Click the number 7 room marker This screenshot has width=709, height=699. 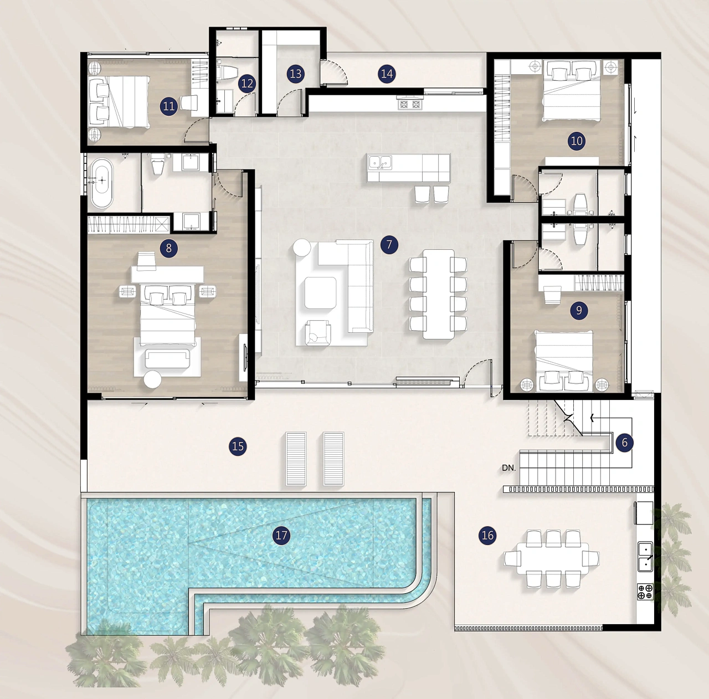(389, 245)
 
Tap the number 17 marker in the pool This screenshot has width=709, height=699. (281, 535)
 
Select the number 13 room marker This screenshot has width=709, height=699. (296, 74)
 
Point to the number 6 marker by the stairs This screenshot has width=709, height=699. (624, 443)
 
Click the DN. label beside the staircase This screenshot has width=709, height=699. (509, 468)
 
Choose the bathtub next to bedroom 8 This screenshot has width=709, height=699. (101, 183)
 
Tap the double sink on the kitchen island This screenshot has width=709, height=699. (381, 162)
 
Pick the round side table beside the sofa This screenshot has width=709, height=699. (302, 248)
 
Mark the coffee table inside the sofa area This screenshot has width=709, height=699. (320, 293)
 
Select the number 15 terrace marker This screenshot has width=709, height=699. (238, 446)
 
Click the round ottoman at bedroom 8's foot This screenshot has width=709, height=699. (152, 379)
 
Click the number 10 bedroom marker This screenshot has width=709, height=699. (577, 141)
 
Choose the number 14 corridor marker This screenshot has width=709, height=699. (387, 74)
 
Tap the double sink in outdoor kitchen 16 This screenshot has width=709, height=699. (645, 557)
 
